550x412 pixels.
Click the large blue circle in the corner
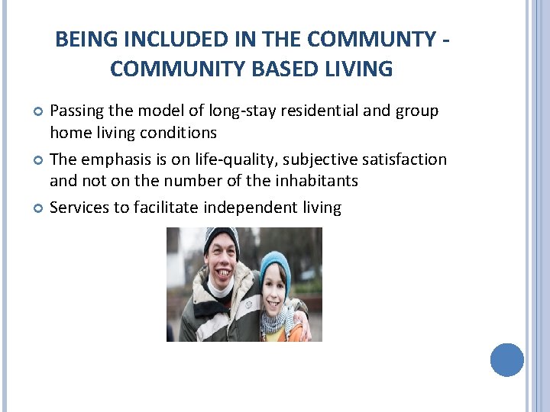[506, 359]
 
